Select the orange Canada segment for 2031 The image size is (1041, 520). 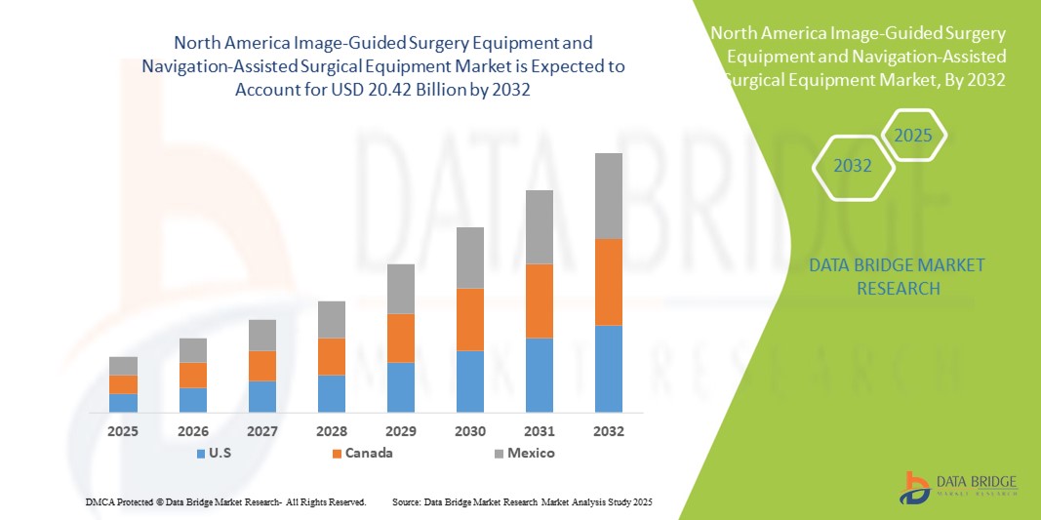540,300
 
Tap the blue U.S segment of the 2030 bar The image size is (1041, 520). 470,380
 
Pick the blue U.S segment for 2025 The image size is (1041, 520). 123,402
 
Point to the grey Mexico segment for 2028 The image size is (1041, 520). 332,319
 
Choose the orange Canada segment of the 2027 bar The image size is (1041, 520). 262,365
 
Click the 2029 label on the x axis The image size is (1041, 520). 401,430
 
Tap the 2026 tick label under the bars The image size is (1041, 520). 193,430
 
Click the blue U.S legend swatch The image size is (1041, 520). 201,454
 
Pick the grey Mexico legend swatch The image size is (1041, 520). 499,454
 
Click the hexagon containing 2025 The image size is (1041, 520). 913,137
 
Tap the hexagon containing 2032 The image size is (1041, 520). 853,166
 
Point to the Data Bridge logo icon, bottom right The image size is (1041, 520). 914,487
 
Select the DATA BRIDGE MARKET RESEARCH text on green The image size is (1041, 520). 898,276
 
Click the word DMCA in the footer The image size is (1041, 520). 100,501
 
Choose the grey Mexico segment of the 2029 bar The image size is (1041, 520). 401,289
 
